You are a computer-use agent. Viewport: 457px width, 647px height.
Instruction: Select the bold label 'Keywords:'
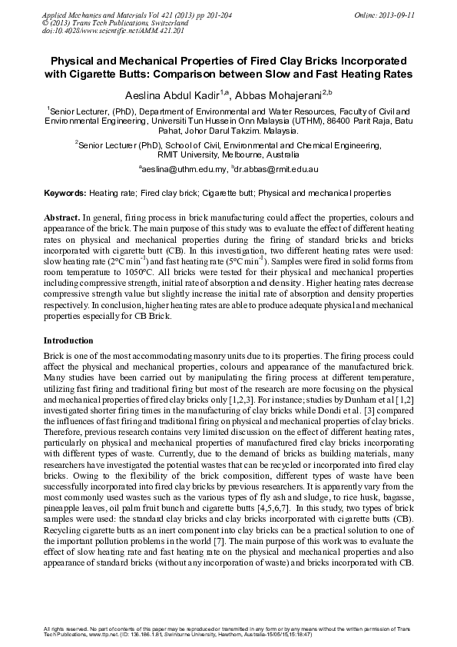[x=65, y=194]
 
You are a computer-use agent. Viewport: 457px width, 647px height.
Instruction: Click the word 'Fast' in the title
[x=333, y=73]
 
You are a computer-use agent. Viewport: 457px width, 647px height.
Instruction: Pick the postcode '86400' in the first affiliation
[x=324, y=121]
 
